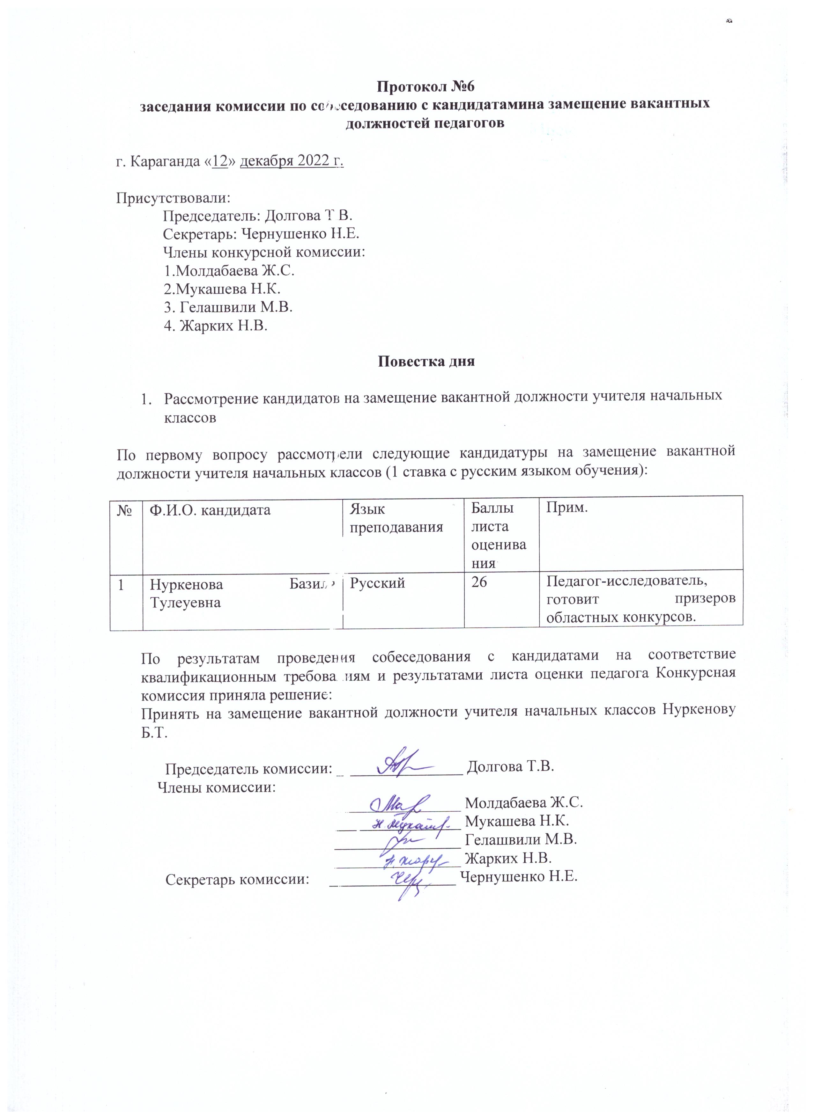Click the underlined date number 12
coord(220,161)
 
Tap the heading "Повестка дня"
coord(426,361)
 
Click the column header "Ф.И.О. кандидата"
coord(210,510)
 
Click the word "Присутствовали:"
coord(173,198)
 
